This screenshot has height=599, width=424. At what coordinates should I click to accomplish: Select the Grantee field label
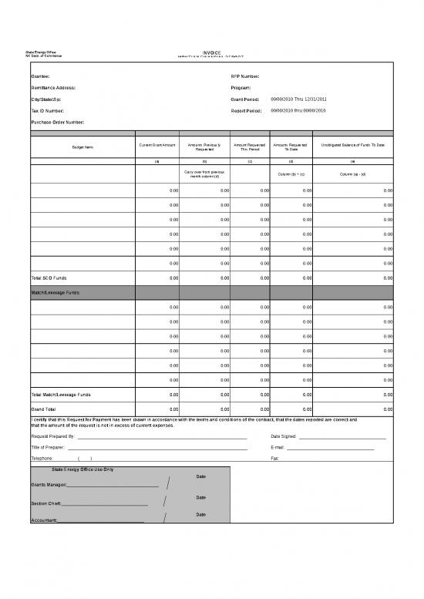tap(41, 77)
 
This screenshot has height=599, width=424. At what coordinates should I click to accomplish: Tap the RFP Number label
tap(245, 77)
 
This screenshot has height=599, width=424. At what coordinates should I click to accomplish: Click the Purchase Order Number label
tap(57, 122)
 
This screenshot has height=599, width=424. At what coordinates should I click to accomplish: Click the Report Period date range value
tap(299, 110)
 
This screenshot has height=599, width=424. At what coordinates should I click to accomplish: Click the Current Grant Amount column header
tap(157, 144)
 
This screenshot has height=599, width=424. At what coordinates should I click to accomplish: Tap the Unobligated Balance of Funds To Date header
tap(352, 144)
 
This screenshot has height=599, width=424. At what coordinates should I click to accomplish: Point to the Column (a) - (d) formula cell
tap(352, 174)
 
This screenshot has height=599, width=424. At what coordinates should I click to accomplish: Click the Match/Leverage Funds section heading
tap(56, 293)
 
